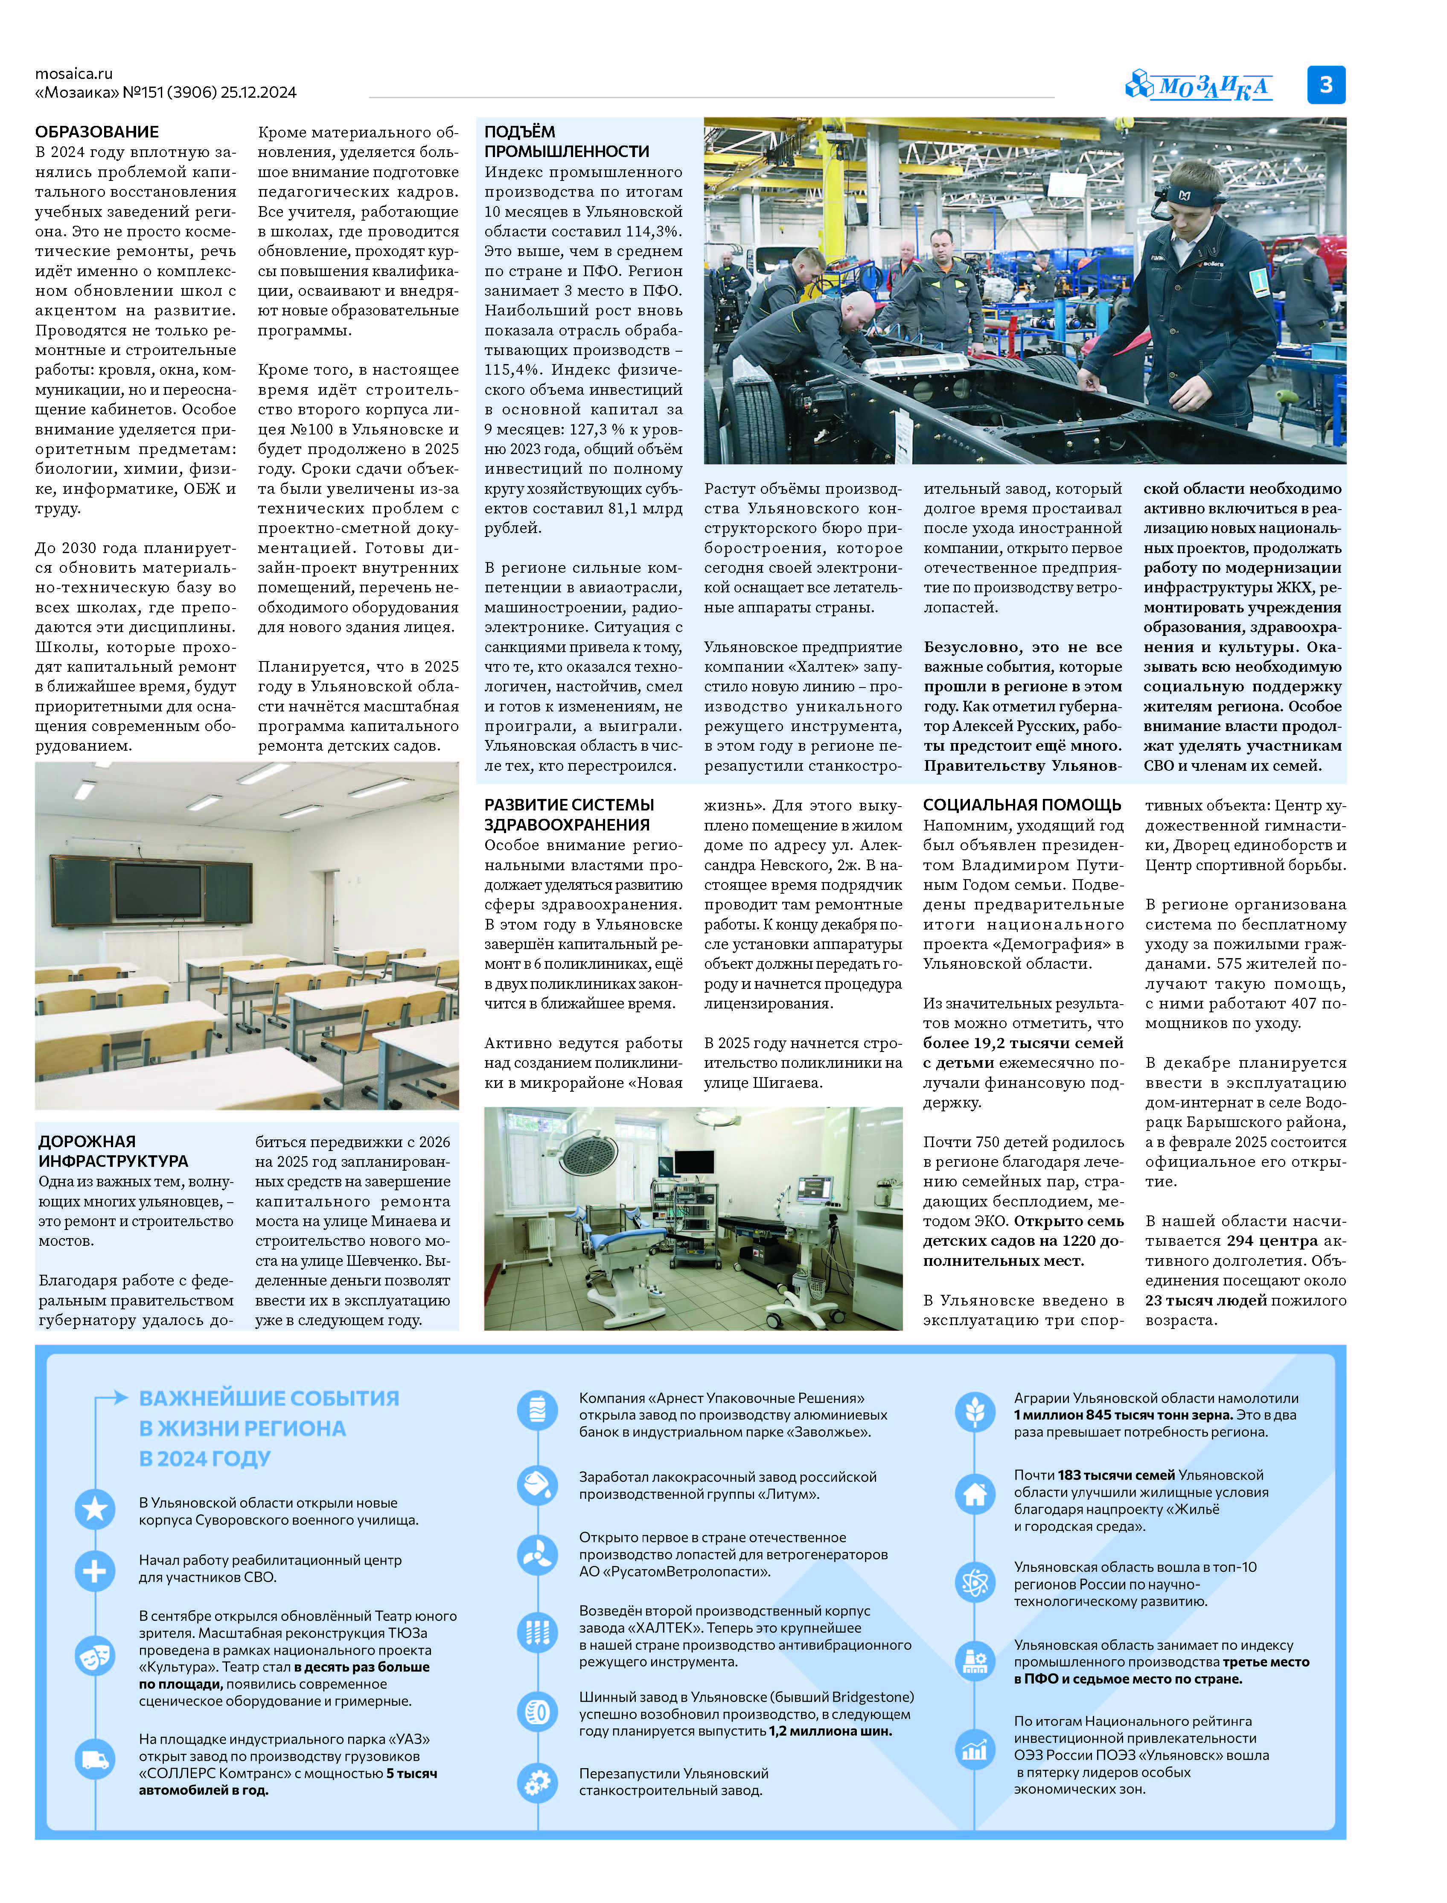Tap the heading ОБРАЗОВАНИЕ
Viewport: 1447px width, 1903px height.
[96, 132]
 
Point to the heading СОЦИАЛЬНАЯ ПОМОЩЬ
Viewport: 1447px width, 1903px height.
[1022, 804]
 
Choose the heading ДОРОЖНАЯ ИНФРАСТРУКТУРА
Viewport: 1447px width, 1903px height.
[113, 1151]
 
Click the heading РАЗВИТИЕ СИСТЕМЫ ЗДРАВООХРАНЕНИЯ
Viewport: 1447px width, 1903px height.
[568, 814]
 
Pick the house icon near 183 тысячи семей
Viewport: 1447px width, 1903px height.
[975, 1493]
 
